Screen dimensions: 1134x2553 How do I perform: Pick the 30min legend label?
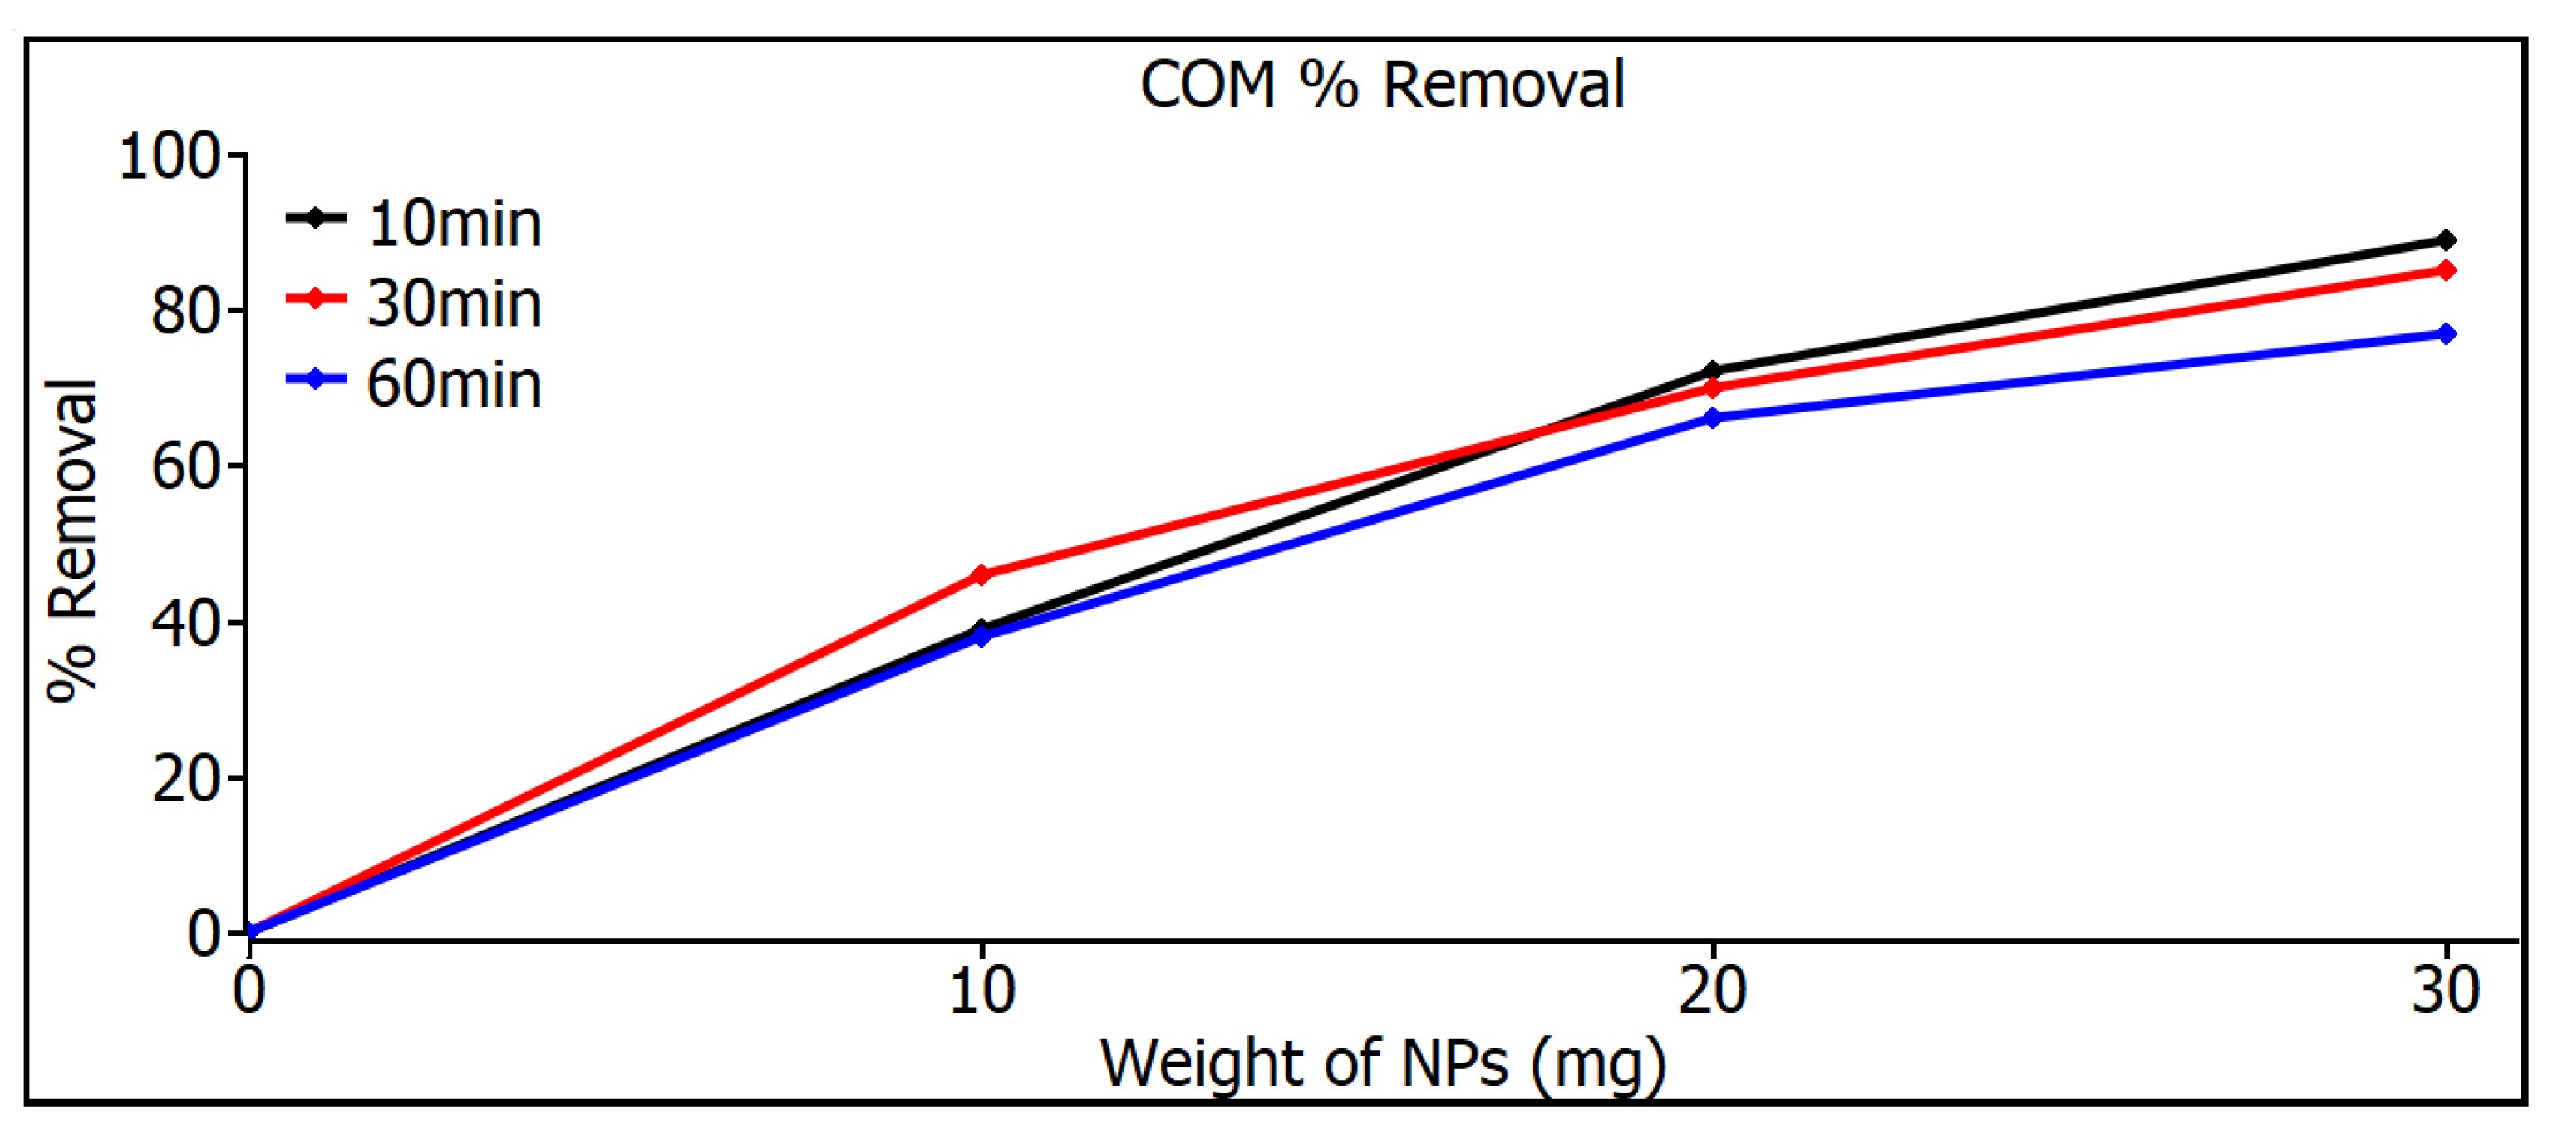pos(454,303)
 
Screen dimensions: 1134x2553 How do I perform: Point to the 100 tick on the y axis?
pos(169,156)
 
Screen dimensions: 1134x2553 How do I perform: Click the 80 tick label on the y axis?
pos(184,311)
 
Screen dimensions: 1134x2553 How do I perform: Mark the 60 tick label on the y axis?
pos(184,467)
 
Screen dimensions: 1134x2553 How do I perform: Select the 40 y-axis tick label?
pos(184,624)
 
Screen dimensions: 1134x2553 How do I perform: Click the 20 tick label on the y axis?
pos(184,779)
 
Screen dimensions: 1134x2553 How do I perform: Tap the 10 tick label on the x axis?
pos(981,990)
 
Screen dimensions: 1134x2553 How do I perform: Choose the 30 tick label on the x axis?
pos(2445,990)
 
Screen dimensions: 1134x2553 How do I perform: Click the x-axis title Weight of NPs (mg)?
pos(1383,1063)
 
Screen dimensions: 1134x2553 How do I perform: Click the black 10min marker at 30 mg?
pos(2445,240)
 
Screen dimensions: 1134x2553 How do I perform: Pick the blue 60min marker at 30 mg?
pos(2445,334)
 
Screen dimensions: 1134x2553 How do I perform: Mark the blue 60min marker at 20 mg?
pos(1712,418)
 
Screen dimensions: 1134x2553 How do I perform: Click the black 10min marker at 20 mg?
pos(1712,370)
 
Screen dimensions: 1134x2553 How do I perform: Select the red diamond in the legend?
pos(315,298)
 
